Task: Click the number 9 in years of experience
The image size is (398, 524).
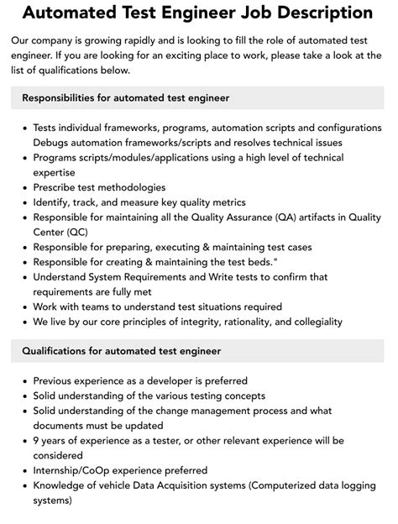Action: click(x=36, y=441)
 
